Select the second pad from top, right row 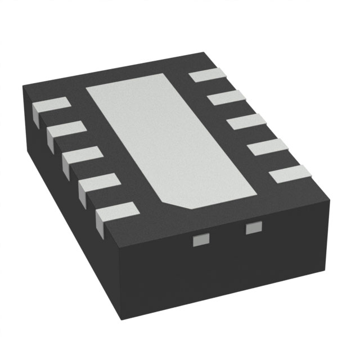227,98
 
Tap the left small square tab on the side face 200,241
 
